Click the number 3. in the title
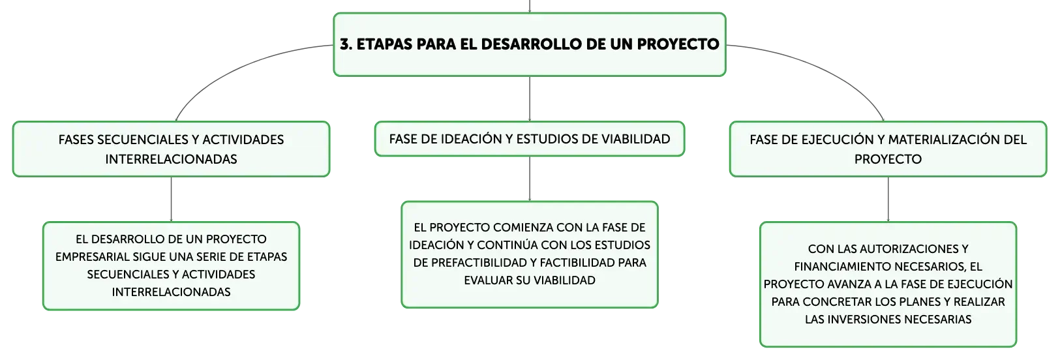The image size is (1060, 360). coord(346,44)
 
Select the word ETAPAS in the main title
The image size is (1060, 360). coord(384,44)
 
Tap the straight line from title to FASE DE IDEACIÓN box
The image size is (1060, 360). coord(530,99)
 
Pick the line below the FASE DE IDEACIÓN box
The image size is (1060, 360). coord(530,179)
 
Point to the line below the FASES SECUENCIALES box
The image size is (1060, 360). coord(172,199)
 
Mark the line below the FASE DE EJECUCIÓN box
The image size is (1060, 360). coord(888,199)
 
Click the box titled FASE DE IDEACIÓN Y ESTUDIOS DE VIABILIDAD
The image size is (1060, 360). coord(530,139)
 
